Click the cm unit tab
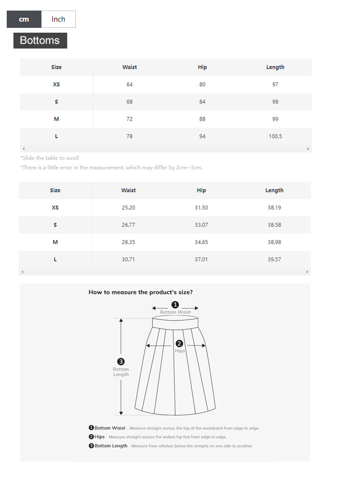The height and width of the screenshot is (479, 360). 24,19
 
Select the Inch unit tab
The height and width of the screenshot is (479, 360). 58,19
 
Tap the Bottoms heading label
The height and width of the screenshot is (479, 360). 40,40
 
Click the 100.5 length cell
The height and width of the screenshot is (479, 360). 275,136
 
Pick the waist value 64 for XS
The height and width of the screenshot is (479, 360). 130,85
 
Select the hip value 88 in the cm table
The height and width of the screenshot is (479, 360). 202,119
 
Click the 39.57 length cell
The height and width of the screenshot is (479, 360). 274,259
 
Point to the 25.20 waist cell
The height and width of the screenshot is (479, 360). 129,208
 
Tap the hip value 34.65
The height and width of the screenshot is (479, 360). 201,242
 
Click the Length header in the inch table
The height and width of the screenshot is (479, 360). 274,190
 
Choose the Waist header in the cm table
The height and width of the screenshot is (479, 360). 130,67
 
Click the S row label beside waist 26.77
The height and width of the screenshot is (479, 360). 55,225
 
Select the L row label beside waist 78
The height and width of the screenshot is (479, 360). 57,136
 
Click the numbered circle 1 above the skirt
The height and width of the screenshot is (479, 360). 175,305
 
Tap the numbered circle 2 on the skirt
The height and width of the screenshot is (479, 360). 179,344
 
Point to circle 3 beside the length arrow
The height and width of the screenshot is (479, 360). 121,362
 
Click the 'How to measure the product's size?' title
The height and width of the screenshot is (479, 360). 141,292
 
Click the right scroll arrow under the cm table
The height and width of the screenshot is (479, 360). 308,149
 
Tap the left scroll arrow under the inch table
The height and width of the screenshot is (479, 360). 23,272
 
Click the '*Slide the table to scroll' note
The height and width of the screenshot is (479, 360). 49,158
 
